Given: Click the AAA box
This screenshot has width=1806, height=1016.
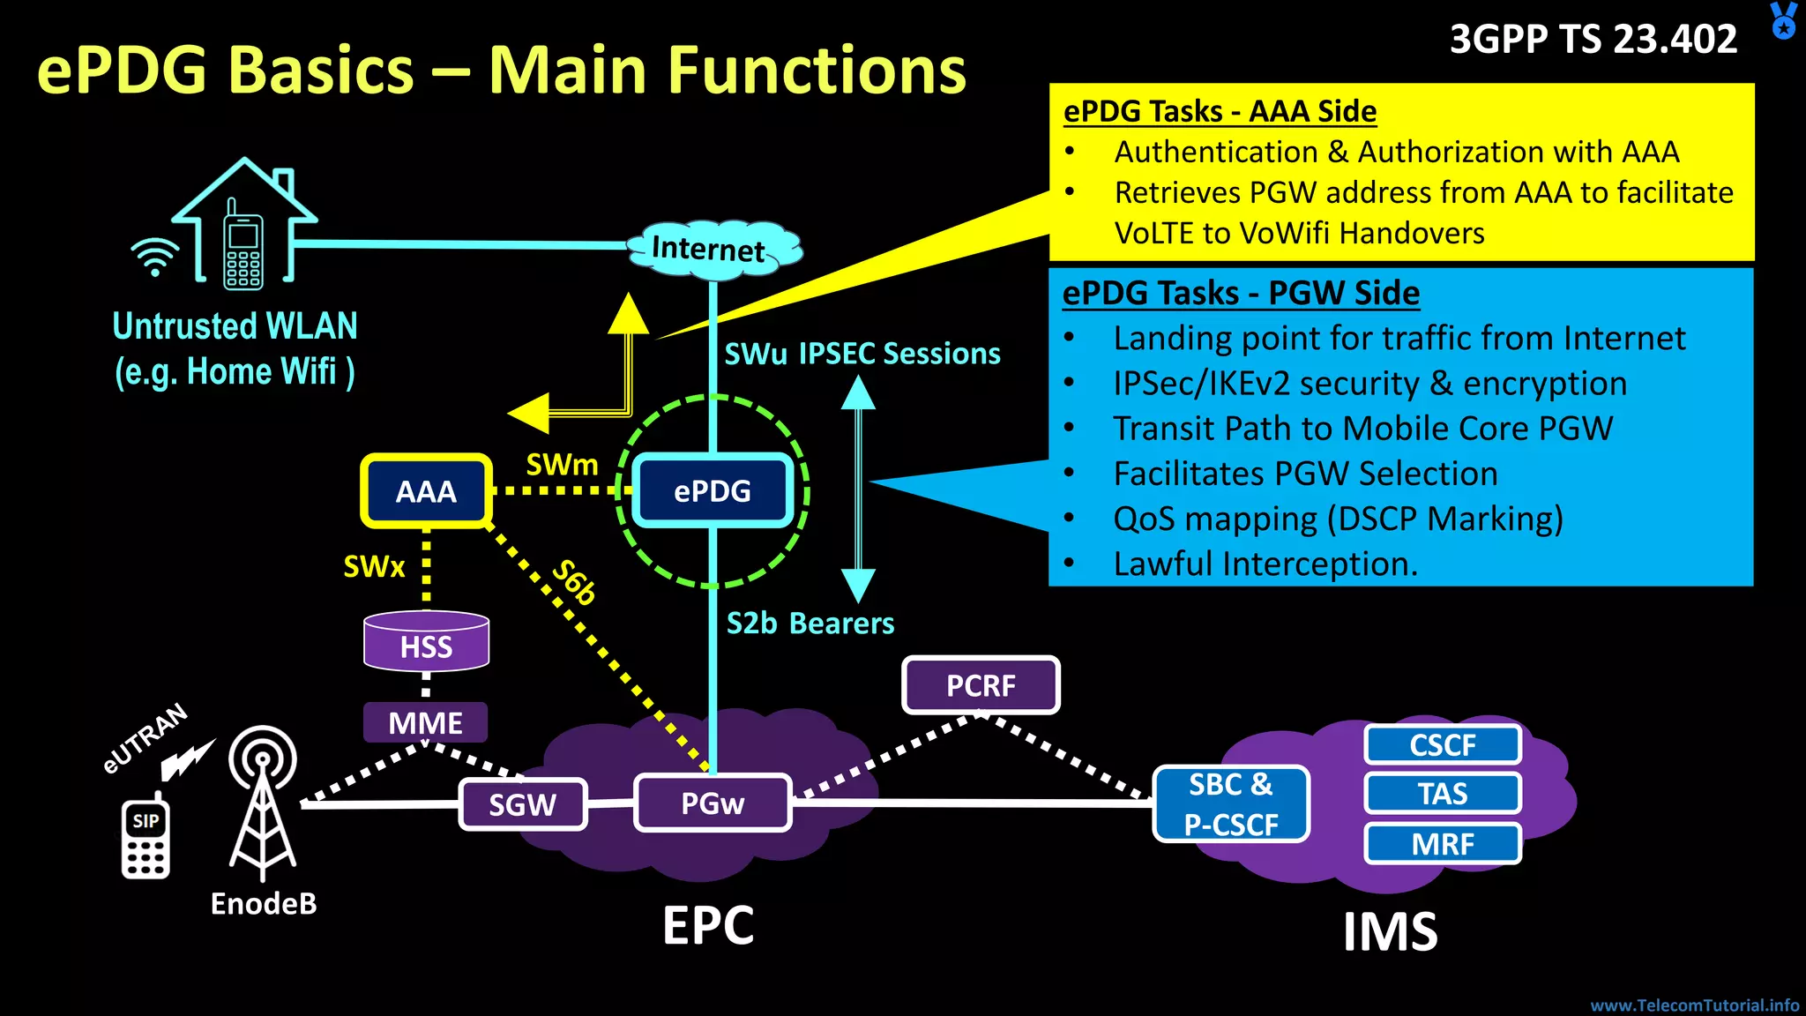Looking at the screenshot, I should click(426, 491).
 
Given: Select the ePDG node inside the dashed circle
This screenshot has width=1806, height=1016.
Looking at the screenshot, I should click(713, 491).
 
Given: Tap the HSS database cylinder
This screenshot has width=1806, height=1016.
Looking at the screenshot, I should click(426, 642).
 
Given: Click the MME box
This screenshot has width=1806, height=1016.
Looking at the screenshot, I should click(425, 723).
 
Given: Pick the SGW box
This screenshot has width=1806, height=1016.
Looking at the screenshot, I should click(523, 804).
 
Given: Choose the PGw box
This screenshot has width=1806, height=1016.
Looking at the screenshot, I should click(713, 803).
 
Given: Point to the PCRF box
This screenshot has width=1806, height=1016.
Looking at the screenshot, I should click(981, 685).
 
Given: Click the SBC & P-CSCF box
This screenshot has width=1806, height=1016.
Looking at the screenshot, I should click(1231, 804).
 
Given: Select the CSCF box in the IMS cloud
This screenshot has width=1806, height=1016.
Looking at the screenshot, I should click(1443, 745).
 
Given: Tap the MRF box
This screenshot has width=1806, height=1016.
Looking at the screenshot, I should click(1443, 844).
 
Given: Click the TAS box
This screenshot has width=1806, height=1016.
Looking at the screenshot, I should click(1443, 794).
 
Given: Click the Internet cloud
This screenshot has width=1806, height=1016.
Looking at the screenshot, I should click(713, 250).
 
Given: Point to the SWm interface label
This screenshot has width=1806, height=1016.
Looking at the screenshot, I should click(562, 464).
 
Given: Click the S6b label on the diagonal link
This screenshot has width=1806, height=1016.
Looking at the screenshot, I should click(574, 582).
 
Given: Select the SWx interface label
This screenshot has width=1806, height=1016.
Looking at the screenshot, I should click(374, 566).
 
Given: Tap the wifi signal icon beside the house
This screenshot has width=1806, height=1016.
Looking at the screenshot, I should click(155, 257).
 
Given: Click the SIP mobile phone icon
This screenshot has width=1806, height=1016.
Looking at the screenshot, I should click(146, 839).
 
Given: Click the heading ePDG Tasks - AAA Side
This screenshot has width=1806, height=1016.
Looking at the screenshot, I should click(1220, 112).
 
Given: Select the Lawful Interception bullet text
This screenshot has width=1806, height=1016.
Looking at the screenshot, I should click(1265, 564).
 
